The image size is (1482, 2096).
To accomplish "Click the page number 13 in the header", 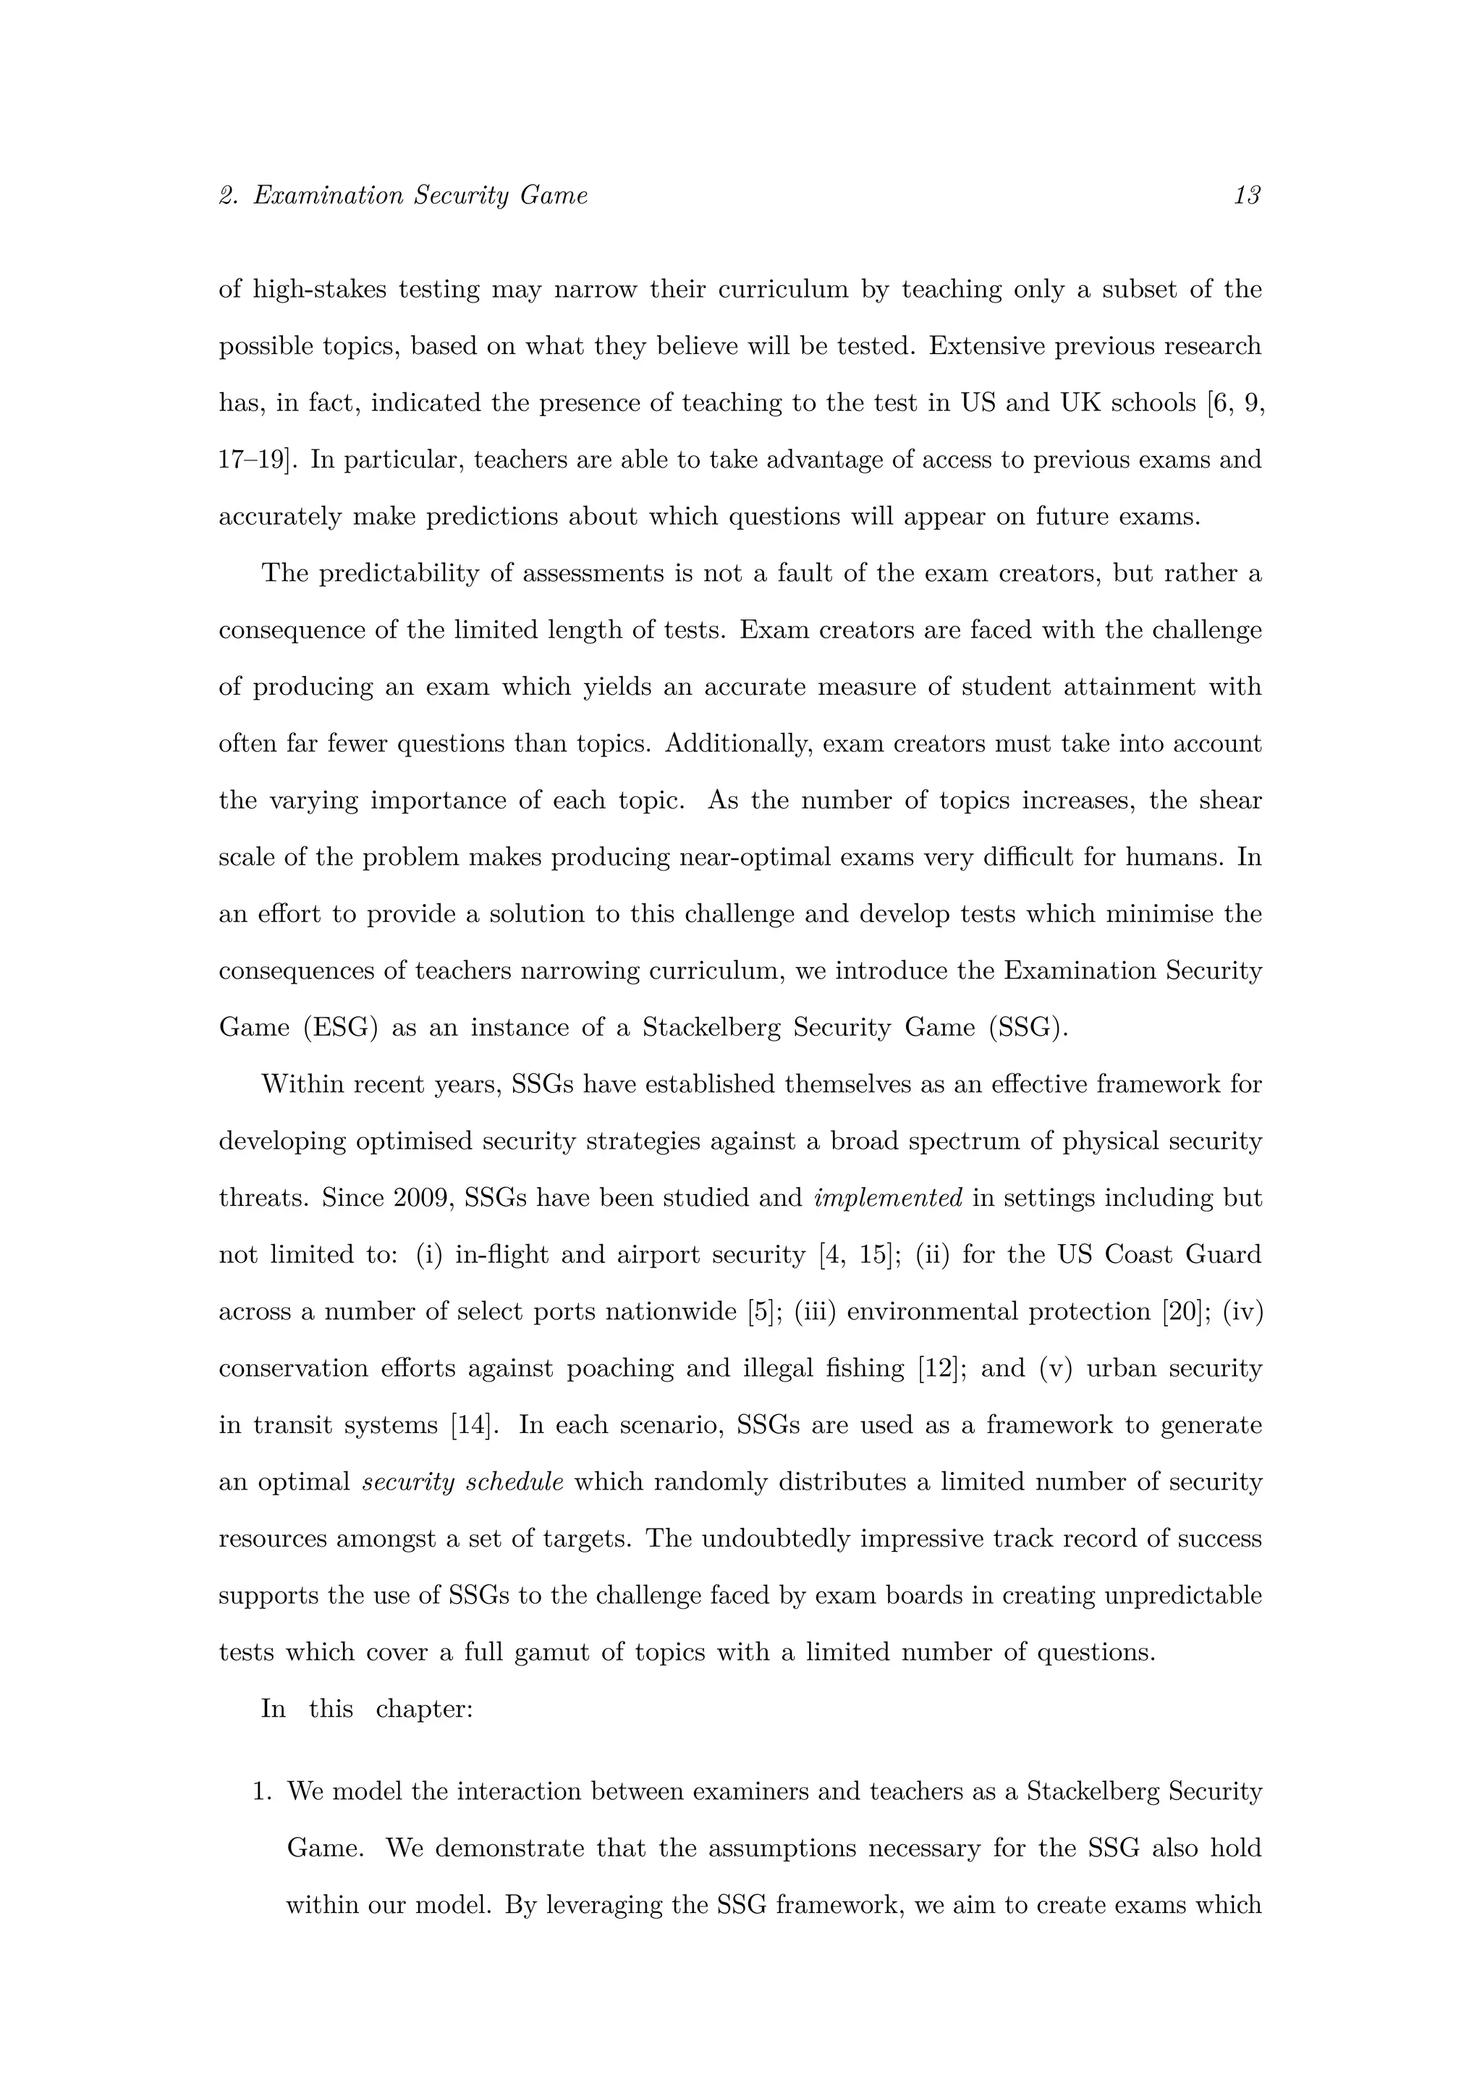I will pyautogui.click(x=1247, y=195).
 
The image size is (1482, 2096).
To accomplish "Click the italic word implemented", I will pyautogui.click(x=888, y=1199).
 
